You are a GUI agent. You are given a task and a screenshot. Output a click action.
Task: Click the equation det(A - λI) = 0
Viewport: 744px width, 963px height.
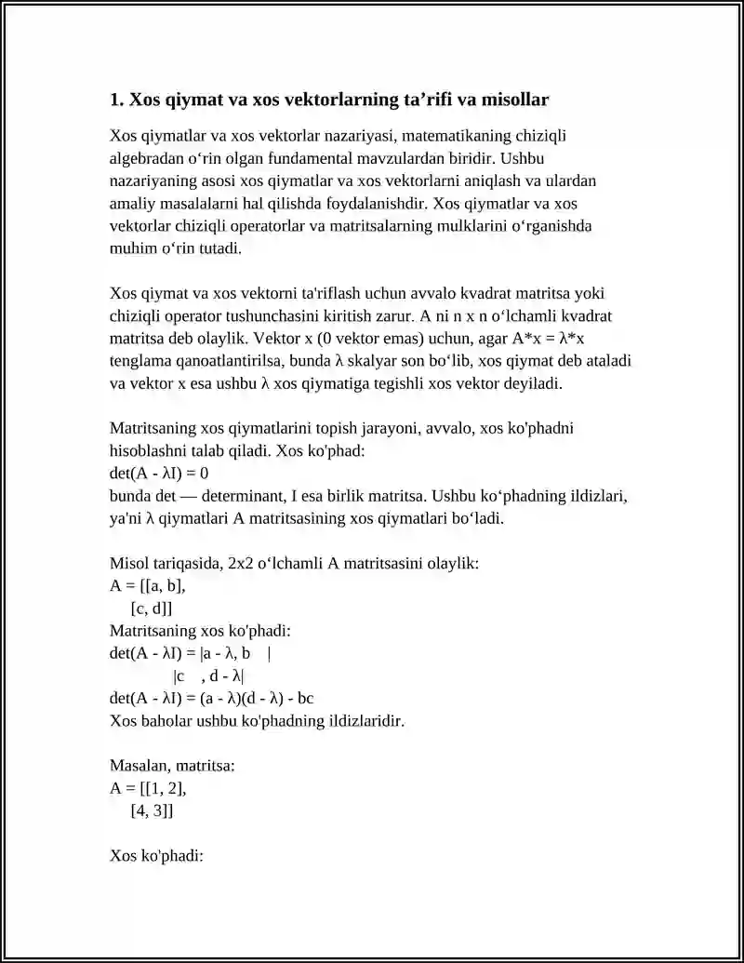coord(158,473)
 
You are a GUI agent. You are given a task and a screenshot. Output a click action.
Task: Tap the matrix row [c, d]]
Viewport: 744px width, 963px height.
coord(152,608)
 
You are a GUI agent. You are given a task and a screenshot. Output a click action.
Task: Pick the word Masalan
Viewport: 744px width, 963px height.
coord(139,766)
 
